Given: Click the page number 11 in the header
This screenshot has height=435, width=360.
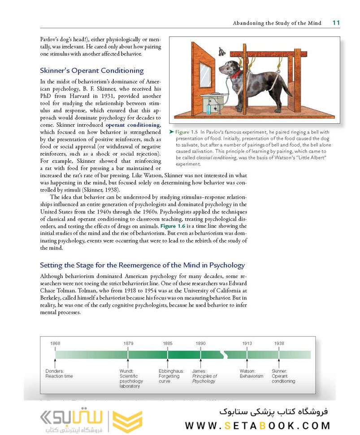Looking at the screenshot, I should (x=335, y=23).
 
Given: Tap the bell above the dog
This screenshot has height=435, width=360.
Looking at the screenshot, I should (x=221, y=52).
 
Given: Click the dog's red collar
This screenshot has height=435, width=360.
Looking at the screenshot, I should (x=236, y=73).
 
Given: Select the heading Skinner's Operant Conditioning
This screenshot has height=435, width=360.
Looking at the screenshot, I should (x=91, y=70).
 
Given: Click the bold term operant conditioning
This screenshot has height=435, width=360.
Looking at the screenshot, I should (x=133, y=125).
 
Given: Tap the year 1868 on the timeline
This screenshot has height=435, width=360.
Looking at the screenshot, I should (x=55, y=343).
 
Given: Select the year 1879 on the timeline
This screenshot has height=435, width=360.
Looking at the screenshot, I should (x=128, y=343).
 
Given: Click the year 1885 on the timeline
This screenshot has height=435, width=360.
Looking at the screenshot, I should (x=168, y=343).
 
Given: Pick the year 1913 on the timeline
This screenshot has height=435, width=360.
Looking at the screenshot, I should (x=247, y=343).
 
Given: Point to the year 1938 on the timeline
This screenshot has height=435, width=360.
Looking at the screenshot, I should (x=279, y=343).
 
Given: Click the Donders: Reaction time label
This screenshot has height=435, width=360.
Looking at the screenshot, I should (x=59, y=374).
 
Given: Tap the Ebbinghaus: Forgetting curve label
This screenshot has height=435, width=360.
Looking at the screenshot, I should (x=169, y=376).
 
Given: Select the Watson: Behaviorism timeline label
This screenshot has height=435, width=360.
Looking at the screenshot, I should (x=252, y=374).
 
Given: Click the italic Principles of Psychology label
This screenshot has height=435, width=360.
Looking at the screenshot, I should (x=204, y=378).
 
